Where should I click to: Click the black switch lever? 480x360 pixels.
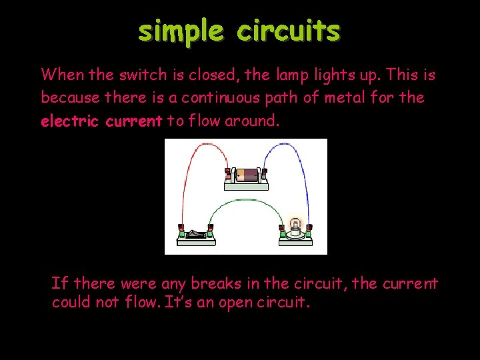click(195, 233)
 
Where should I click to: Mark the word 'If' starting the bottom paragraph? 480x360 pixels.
click(59, 283)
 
